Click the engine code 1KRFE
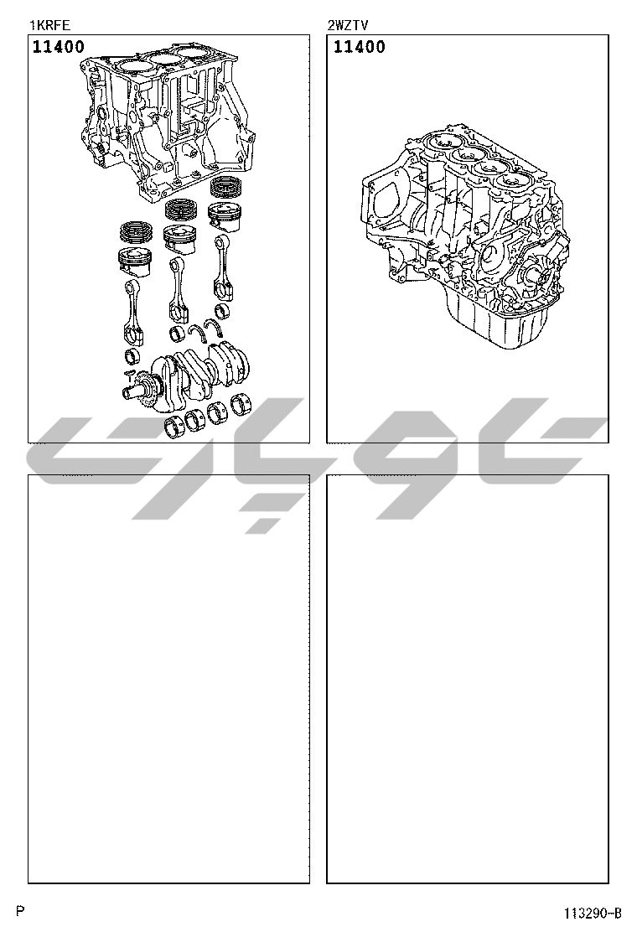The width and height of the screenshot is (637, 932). point(50,25)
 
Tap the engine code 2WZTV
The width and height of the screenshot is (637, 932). point(348,25)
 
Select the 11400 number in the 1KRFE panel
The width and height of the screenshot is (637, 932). point(58,46)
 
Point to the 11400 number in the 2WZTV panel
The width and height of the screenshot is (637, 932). point(359,46)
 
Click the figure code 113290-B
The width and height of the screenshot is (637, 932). point(593,913)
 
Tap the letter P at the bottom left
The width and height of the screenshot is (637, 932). point(20,910)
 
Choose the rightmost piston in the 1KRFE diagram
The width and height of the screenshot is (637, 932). point(224,216)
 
